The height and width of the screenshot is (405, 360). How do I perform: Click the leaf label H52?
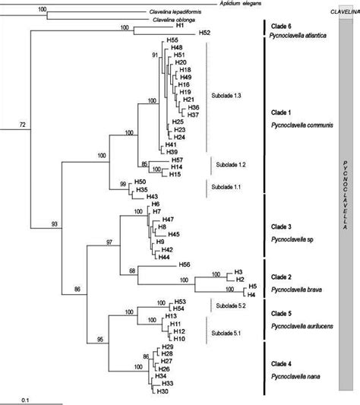[x=204, y=33]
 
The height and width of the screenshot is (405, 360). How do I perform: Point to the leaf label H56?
[x=184, y=264]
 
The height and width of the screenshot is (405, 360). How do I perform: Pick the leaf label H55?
[x=173, y=40]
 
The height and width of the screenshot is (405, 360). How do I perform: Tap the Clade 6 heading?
[x=281, y=24]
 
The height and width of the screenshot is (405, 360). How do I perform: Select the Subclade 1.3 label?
[x=228, y=95]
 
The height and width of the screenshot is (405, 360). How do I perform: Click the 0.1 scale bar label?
[x=25, y=400]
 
